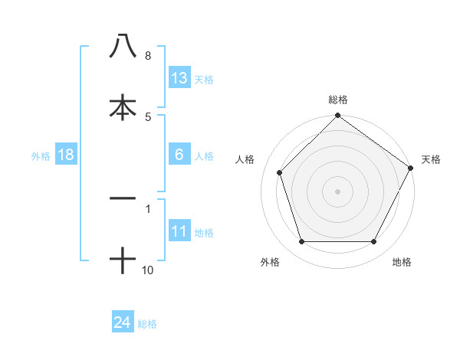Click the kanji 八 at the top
123,46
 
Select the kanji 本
123,107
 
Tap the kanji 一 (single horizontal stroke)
123,198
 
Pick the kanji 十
123,260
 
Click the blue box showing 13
179,78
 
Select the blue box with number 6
179,155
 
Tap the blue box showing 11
179,231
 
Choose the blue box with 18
66,155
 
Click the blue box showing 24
123,323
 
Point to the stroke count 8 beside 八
147,56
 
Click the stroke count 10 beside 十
147,270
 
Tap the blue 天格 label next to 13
204,79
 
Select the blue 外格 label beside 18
41,155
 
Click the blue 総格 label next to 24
147,324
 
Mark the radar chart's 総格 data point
337,116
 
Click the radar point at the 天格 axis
411,168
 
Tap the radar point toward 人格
280,172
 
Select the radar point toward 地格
374,242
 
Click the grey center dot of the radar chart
337,191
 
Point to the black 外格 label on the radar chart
269,262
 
